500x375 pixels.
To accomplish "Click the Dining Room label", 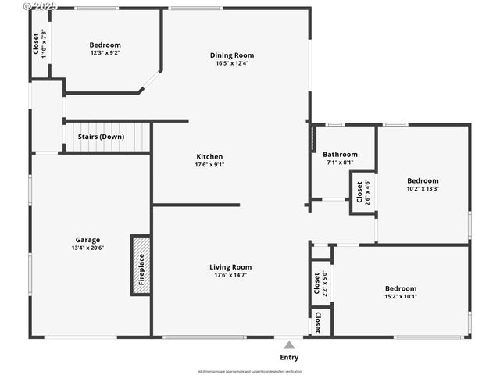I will coord(232,55).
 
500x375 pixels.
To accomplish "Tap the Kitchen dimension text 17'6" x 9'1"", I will coord(209,165).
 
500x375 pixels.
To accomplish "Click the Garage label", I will coord(87,240).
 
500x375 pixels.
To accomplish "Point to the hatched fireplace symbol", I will coord(141,266).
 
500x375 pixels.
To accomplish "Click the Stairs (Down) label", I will coord(101,137).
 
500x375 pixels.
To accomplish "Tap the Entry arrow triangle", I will coord(289,345).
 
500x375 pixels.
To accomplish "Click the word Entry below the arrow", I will coord(289,358).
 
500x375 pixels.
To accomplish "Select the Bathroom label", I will coord(340,155).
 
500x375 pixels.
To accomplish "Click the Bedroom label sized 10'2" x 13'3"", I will coord(423,180).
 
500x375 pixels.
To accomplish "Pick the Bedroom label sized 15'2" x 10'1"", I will coord(401,288).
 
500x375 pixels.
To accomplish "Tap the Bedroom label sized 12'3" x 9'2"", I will coord(105,45).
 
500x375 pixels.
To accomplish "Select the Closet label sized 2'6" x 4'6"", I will coord(359,192).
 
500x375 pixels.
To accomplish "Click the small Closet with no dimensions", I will coord(318,321).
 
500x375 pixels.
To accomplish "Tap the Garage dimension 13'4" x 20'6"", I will coord(87,248).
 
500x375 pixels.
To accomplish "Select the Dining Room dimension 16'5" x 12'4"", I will coord(232,63).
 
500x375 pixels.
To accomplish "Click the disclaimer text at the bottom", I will coord(250,371).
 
